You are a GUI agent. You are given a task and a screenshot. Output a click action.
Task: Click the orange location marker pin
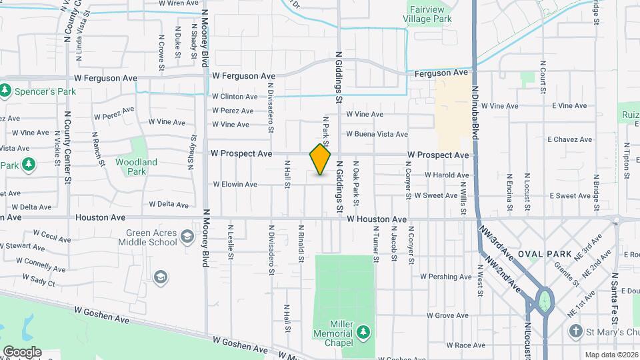321,159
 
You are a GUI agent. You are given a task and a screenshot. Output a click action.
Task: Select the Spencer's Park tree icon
6,89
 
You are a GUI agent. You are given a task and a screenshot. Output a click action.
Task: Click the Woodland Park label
136,167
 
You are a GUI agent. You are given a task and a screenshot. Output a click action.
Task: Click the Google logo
22,351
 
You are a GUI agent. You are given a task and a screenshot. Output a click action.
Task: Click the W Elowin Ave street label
235,184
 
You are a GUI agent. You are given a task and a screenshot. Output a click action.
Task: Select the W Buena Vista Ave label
377,134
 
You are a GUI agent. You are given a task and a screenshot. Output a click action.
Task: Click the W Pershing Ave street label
445,277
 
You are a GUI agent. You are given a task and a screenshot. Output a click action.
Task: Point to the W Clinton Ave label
235,97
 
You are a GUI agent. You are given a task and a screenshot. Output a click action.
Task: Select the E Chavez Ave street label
569,139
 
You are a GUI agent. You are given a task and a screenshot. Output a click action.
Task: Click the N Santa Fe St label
615,316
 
